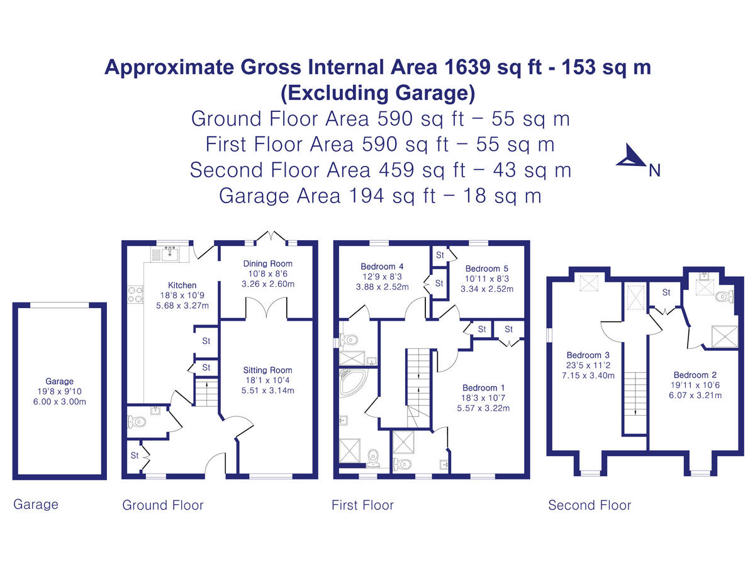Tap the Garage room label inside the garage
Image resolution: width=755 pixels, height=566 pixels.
pyautogui.click(x=59, y=381)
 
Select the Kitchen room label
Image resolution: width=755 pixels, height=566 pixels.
pyautogui.click(x=182, y=285)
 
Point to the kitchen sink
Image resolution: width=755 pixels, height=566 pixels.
pyautogui.click(x=169, y=253)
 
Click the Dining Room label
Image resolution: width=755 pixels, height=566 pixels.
pyautogui.click(x=268, y=264)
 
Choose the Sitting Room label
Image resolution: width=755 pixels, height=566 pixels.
pyautogui.click(x=268, y=370)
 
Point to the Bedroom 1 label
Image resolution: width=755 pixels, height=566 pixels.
pyautogui.click(x=483, y=387)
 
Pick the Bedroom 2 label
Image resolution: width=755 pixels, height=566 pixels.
pyautogui.click(x=694, y=374)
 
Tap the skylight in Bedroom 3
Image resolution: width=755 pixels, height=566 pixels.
pyautogui.click(x=589, y=284)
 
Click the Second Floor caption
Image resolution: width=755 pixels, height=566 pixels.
pyautogui.click(x=589, y=505)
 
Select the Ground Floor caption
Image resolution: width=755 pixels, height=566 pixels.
pyautogui.click(x=162, y=505)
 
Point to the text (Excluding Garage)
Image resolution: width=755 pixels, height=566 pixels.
pyautogui.click(x=377, y=92)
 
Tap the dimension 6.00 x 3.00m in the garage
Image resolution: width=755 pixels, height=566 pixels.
pyautogui.click(x=59, y=401)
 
